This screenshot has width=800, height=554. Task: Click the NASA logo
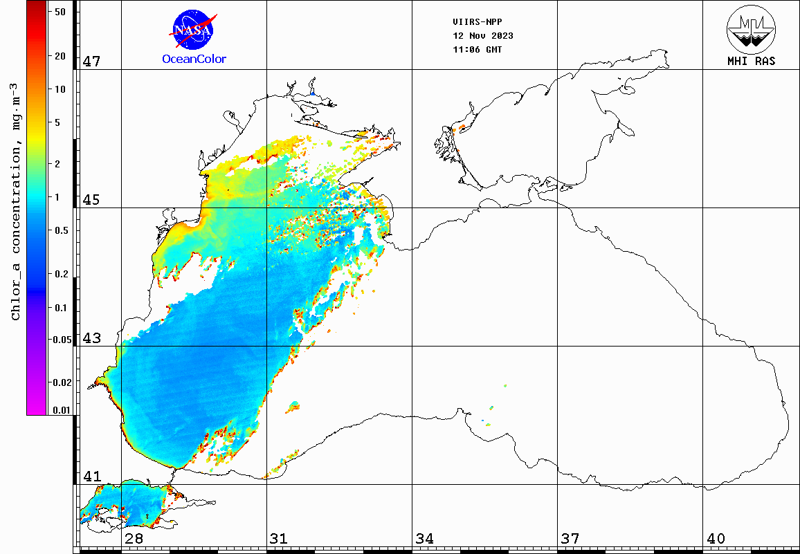click(x=193, y=30)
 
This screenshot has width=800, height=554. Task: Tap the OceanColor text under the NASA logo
click(x=194, y=59)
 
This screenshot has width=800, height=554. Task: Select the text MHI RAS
click(x=751, y=61)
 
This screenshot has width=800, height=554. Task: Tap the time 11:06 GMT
click(x=478, y=50)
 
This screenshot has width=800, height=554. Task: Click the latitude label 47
click(x=91, y=62)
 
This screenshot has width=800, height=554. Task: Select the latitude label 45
click(x=91, y=200)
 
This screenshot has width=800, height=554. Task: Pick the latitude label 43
click(x=91, y=338)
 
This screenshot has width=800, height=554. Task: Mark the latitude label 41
click(x=91, y=477)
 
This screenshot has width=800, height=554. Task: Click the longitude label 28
click(x=134, y=538)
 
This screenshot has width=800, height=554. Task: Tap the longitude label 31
click(x=279, y=538)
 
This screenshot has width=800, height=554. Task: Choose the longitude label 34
click(x=424, y=538)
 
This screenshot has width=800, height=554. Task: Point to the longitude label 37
click(x=570, y=538)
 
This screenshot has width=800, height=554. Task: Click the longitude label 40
click(x=715, y=538)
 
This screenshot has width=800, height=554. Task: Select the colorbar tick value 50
click(x=60, y=12)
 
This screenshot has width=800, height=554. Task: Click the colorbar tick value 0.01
click(x=62, y=410)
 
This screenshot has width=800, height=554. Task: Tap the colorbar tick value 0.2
click(x=61, y=275)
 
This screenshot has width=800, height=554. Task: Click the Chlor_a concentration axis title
click(x=15, y=201)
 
